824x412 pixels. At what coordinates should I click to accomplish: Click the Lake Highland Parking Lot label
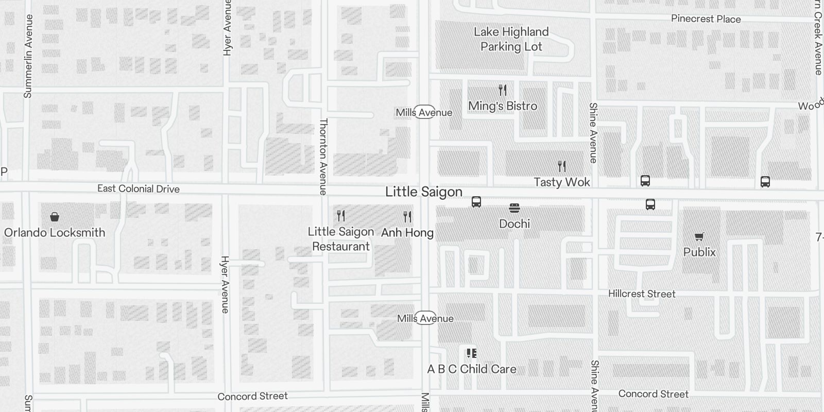tap(511, 39)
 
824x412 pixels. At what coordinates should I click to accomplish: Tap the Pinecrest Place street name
tap(706, 19)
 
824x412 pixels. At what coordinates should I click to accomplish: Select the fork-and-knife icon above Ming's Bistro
tap(503, 90)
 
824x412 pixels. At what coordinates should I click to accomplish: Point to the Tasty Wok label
tap(562, 182)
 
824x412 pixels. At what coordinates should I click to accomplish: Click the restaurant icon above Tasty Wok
tap(562, 166)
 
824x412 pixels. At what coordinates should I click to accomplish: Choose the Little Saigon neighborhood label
tap(424, 192)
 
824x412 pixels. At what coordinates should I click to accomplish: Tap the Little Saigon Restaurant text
tap(341, 239)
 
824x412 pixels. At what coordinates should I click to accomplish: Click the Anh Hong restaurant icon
tap(407, 216)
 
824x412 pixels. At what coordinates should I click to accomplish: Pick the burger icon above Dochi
tap(514, 208)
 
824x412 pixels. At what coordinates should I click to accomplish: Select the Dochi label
tap(514, 224)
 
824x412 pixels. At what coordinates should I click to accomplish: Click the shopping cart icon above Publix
tap(699, 237)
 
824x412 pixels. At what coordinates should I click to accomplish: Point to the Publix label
tap(699, 252)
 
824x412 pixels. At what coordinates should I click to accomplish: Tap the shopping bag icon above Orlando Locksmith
tap(55, 217)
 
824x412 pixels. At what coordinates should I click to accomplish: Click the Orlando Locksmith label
tap(55, 232)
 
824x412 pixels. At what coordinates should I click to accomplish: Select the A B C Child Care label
tap(472, 369)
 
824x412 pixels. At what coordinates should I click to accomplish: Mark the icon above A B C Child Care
tap(471, 353)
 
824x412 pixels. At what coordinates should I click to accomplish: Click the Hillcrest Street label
tap(642, 294)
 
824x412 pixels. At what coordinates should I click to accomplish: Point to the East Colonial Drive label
tap(139, 188)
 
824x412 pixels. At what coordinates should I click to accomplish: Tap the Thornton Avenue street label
tap(323, 157)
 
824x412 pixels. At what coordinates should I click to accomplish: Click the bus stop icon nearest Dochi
tap(476, 202)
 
